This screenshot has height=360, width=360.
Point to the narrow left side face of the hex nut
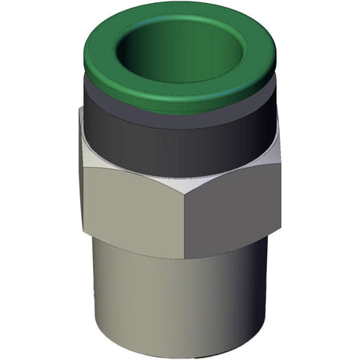[x=80, y=172]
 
